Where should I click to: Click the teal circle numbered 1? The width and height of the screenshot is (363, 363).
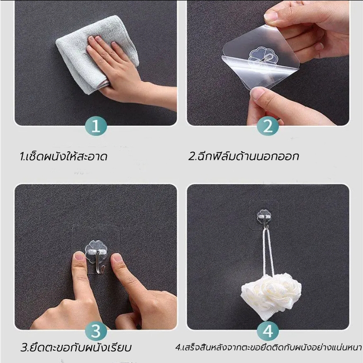pyautogui.click(x=96, y=126)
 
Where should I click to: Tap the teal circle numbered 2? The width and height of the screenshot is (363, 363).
pyautogui.click(x=268, y=126)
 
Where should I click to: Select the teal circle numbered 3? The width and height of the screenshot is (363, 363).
pyautogui.click(x=96, y=331)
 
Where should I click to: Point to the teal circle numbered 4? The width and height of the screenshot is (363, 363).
pyautogui.click(x=268, y=331)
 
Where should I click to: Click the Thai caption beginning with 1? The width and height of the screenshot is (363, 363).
pyautogui.click(x=63, y=156)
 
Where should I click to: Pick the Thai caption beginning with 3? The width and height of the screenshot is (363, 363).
pyautogui.click(x=76, y=347)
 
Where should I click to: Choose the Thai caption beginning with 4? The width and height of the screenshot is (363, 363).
pyautogui.click(x=268, y=347)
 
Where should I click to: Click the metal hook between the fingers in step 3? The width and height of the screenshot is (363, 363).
pyautogui.click(x=100, y=261)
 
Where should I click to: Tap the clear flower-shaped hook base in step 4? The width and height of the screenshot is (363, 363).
pyautogui.click(x=264, y=216)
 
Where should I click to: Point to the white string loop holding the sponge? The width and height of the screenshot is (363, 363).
pyautogui.click(x=268, y=250)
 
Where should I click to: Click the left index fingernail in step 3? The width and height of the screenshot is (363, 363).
pyautogui.click(x=79, y=257)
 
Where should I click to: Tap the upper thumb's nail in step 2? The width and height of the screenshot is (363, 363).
pyautogui.click(x=270, y=16)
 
